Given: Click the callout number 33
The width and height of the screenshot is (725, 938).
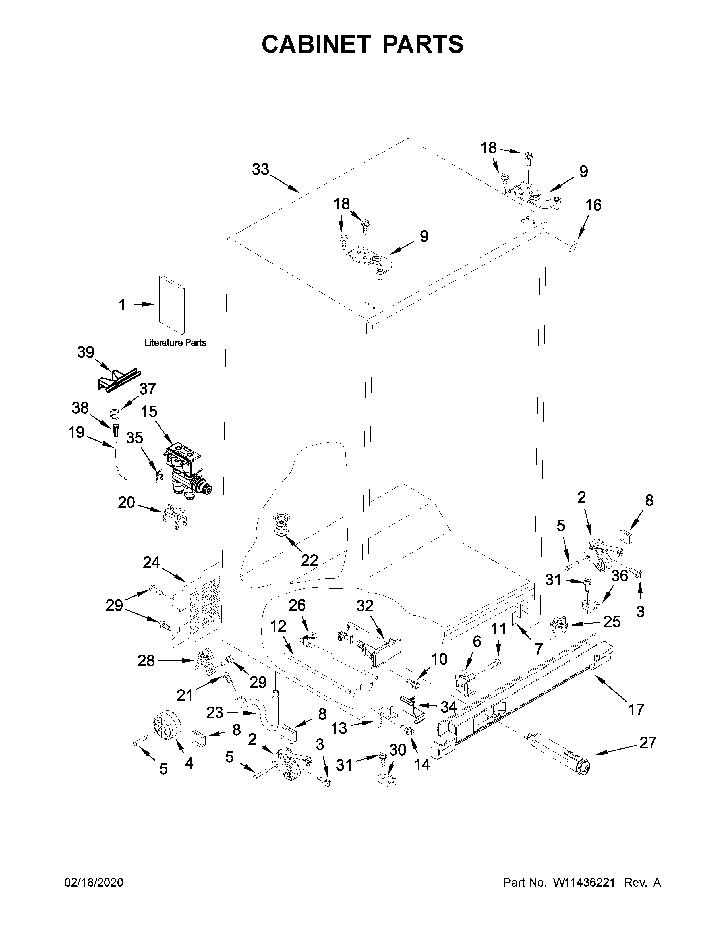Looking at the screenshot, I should [260, 170].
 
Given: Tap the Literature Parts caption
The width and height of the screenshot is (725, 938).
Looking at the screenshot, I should [175, 343].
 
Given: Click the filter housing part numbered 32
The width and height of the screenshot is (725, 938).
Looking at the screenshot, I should [370, 649].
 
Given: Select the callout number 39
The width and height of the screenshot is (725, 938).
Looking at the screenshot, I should [86, 352].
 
